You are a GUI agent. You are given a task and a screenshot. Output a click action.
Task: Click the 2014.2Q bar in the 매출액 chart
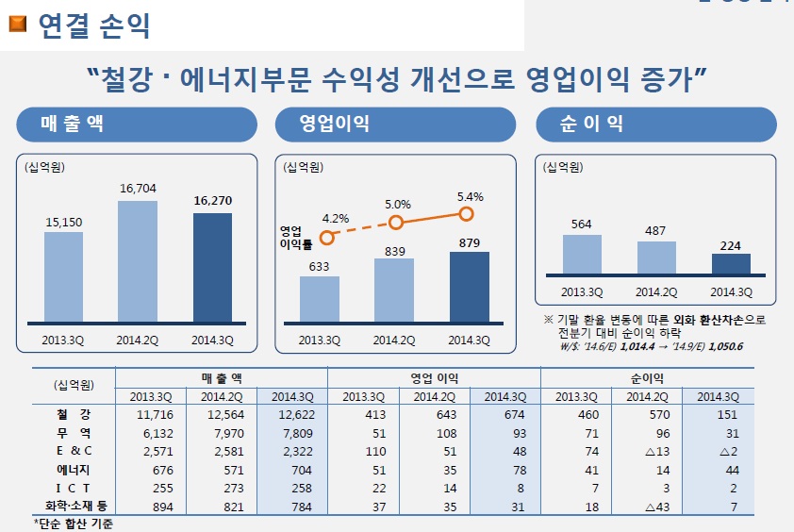tap(138, 261)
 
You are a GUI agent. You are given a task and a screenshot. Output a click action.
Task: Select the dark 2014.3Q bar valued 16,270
tap(212, 267)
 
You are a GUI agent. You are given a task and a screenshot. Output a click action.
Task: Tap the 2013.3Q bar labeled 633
tap(320, 298)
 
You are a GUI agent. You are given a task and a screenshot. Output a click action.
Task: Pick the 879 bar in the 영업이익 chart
tap(469, 287)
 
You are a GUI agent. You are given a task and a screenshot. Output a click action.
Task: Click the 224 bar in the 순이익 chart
tap(732, 264)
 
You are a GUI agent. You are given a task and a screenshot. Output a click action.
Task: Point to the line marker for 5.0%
tap(396, 223)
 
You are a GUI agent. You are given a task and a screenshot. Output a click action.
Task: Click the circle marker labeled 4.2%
tap(327, 239)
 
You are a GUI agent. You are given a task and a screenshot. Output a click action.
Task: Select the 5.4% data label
tap(470, 197)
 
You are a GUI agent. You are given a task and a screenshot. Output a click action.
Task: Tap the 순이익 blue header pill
tap(655, 125)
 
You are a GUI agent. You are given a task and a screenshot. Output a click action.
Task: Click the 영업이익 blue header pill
tap(395, 125)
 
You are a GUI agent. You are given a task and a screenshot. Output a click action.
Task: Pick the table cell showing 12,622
tap(291, 414)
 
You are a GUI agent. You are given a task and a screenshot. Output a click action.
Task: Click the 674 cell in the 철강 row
tap(505, 414)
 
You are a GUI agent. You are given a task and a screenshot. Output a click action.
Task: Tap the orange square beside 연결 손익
tap(18, 24)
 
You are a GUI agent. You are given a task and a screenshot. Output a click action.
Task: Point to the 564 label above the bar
tap(582, 224)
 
